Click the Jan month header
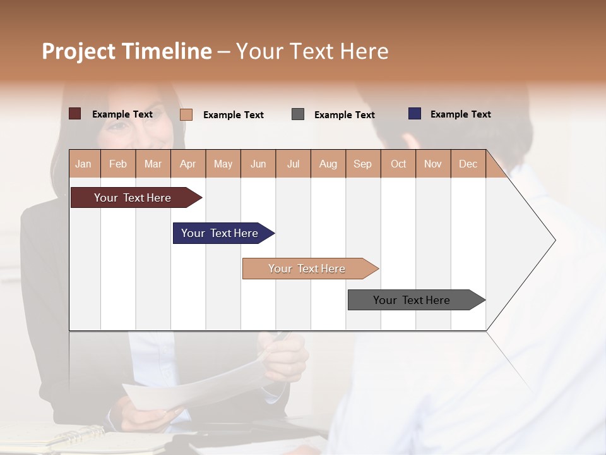point(84,164)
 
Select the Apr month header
point(188,164)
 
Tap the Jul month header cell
point(294,164)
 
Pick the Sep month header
point(363,164)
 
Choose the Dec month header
point(468,164)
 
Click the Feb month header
point(118,164)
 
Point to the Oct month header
point(398,164)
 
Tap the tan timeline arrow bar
point(308,269)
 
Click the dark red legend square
point(75,114)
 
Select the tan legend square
point(186,114)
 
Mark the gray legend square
point(298,114)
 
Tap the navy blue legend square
point(415,114)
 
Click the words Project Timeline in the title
point(127,51)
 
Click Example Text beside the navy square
point(460,114)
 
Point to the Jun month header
point(258,164)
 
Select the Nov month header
point(433,164)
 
